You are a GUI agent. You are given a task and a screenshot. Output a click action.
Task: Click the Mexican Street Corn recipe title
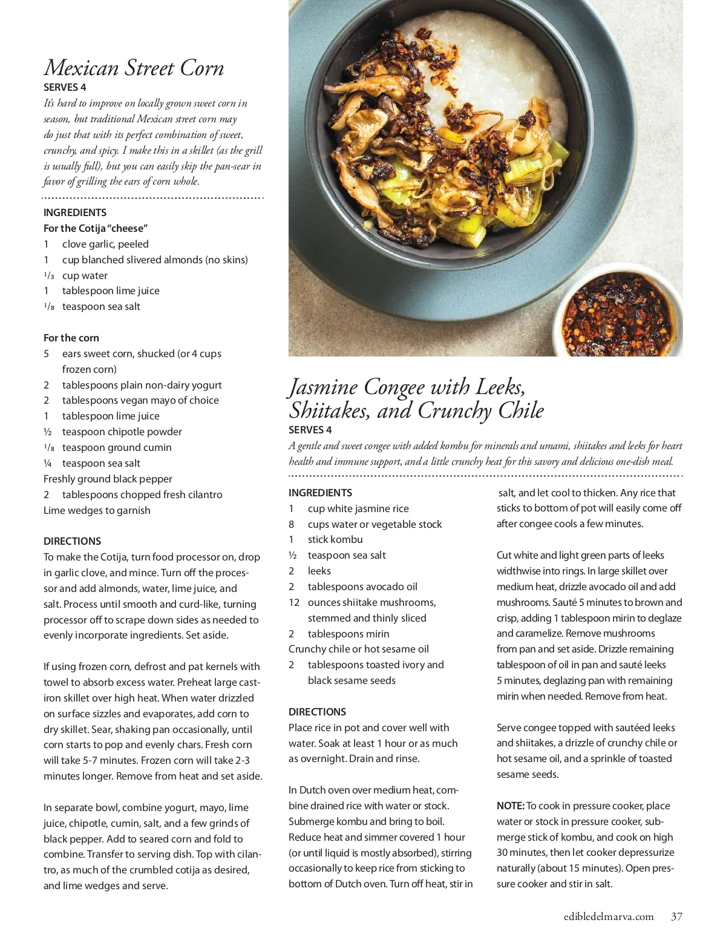(x=134, y=68)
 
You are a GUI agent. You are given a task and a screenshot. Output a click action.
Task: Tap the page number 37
(x=676, y=916)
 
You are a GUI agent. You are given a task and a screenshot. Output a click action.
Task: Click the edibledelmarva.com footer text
(x=609, y=916)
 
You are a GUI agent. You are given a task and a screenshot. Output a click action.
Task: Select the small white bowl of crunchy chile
(x=617, y=315)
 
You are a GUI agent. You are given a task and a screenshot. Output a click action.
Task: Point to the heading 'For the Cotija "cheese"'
(x=96, y=228)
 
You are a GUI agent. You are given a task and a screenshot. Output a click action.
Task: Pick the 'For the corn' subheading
(x=71, y=338)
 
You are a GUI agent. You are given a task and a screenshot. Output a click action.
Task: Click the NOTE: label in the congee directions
(x=510, y=806)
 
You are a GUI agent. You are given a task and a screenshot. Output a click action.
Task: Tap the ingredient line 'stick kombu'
(x=335, y=539)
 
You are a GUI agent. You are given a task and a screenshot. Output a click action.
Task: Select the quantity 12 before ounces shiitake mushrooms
(x=294, y=602)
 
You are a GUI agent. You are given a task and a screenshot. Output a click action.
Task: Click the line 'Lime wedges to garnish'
(x=97, y=510)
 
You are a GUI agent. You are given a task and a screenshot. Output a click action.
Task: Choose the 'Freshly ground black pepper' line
(x=108, y=479)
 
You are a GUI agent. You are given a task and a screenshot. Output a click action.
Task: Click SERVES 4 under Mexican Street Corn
(x=65, y=87)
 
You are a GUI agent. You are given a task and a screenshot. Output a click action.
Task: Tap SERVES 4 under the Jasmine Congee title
(x=310, y=430)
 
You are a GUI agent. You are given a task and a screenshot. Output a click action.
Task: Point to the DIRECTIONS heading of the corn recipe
(x=72, y=541)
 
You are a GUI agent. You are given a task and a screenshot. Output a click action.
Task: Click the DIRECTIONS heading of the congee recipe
(x=317, y=712)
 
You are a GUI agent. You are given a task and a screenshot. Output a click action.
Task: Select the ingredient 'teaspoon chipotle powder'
(x=122, y=432)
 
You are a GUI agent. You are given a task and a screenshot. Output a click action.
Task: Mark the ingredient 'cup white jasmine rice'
(x=358, y=508)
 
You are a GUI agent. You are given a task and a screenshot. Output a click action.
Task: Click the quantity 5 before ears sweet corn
(x=46, y=353)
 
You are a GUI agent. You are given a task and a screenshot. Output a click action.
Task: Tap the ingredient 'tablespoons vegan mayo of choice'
(x=140, y=400)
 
